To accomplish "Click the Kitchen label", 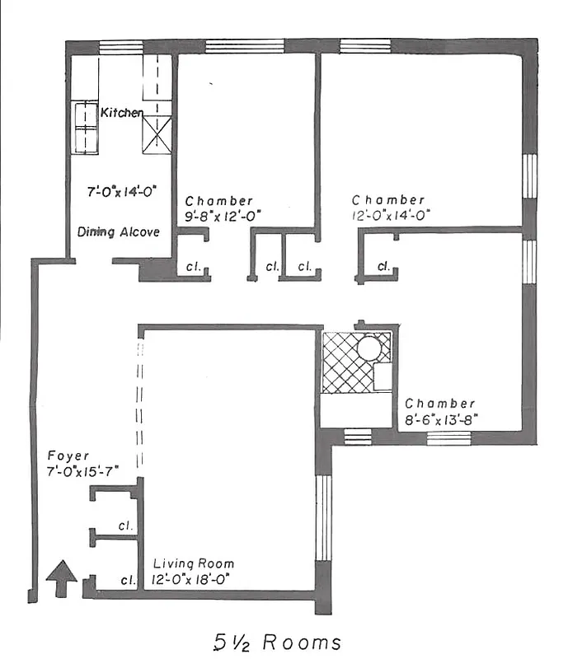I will pyautogui.click(x=123, y=112).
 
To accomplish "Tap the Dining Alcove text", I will pyautogui.click(x=119, y=232).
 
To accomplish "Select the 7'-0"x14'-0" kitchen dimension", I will pyautogui.click(x=122, y=192).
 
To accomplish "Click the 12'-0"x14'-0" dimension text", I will pyautogui.click(x=389, y=216).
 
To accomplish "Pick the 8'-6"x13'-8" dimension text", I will pyautogui.click(x=441, y=418).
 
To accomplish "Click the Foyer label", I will pyautogui.click(x=68, y=456).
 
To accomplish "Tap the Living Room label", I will pyautogui.click(x=194, y=564).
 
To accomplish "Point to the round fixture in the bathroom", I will pyautogui.click(x=372, y=348).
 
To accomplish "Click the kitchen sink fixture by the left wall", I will pyautogui.click(x=85, y=128).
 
